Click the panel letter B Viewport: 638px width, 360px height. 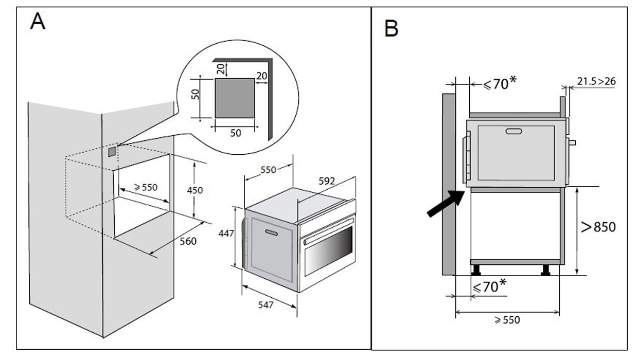[391, 29]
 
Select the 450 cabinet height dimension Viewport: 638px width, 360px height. [194, 190]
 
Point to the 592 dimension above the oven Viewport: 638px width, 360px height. [327, 181]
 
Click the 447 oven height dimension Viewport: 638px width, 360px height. [226, 233]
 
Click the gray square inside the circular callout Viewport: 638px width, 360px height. [234, 98]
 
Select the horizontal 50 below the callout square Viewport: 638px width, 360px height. [235, 133]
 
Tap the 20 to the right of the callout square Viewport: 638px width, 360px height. [261, 76]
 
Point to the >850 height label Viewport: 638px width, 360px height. [598, 227]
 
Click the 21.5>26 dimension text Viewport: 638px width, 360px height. [596, 81]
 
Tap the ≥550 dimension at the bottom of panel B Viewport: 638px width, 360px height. [507, 320]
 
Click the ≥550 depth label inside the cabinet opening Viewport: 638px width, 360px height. [146, 188]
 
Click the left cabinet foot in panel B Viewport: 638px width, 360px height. [476, 270]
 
